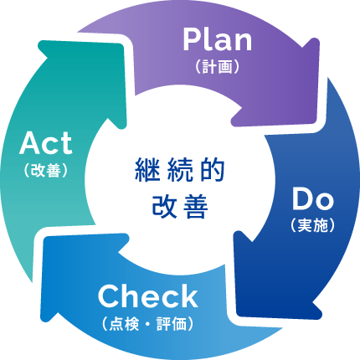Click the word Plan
(218, 39)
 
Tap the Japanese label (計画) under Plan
(218, 67)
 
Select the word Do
(312, 199)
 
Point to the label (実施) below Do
(312, 225)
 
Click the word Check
(148, 296)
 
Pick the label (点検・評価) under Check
(147, 324)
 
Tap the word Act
(46, 143)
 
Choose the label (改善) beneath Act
(46, 170)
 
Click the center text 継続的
(180, 170)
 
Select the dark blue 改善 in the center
(180, 207)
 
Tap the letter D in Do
(302, 199)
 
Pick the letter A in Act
(30, 143)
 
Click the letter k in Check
(189, 296)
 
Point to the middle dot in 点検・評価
(148, 324)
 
